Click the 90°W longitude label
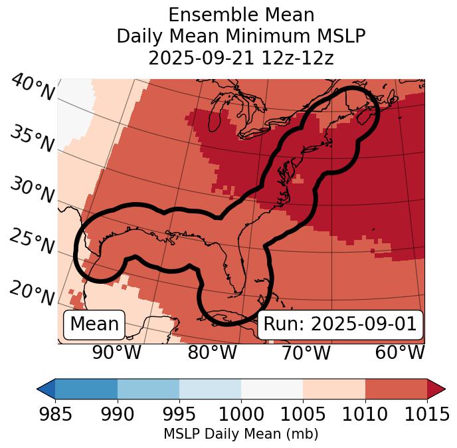(117, 353)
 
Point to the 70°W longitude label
(306, 353)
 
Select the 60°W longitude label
(400, 353)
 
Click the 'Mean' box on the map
(94, 324)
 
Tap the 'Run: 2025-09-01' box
(340, 324)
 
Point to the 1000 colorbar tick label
(241, 415)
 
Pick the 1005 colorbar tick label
(303, 415)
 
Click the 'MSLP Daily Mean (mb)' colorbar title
(241, 434)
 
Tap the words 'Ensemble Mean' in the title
(241, 15)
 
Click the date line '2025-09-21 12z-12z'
(241, 58)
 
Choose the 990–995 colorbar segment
(148, 388)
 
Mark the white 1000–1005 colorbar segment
(272, 388)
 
